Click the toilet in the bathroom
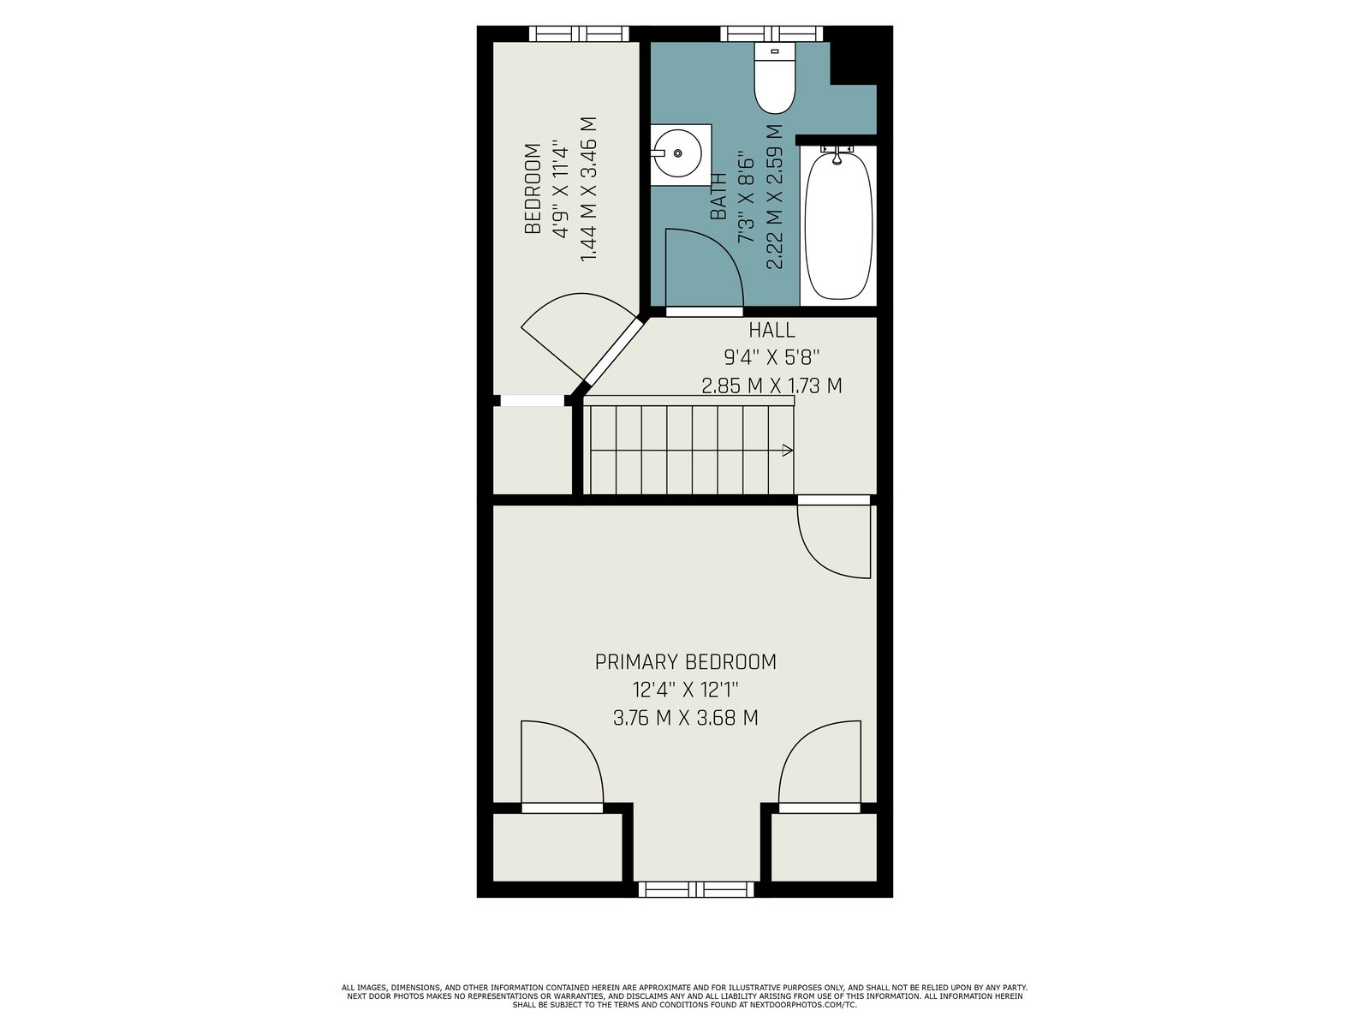(x=775, y=77)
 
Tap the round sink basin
(x=678, y=153)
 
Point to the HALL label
(x=771, y=330)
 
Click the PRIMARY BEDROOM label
(x=685, y=661)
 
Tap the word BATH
(x=718, y=196)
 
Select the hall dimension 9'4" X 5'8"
(x=771, y=357)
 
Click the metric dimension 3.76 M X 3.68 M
(x=685, y=718)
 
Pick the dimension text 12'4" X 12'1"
(x=685, y=690)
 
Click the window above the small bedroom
(x=579, y=33)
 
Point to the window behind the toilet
(x=771, y=33)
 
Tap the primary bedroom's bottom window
(x=696, y=889)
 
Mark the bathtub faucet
(x=837, y=154)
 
